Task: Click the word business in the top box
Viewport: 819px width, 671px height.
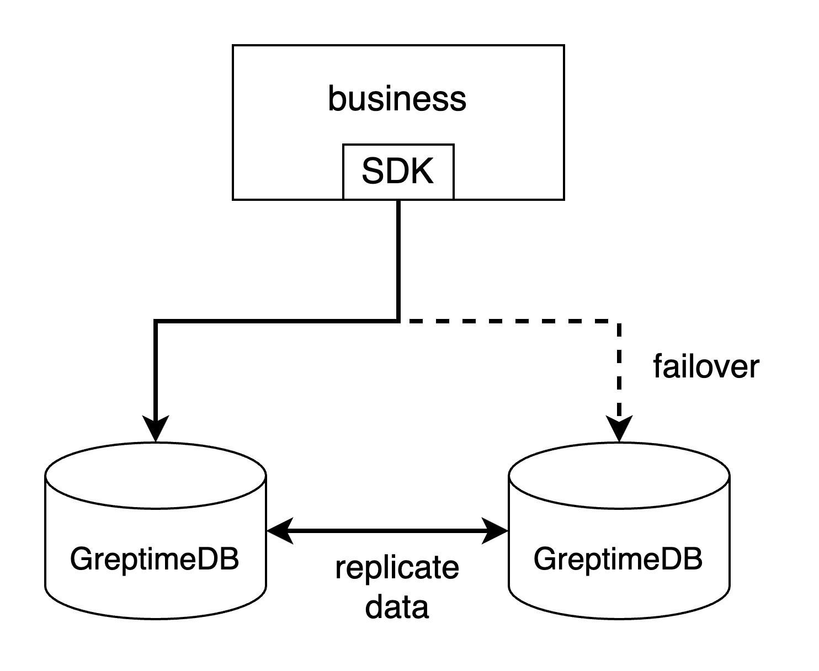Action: pyautogui.click(x=397, y=99)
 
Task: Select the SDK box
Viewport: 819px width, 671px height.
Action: pyautogui.click(x=398, y=171)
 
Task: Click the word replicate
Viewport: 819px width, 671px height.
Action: pyautogui.click(x=397, y=567)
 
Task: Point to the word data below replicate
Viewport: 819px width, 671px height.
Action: pyautogui.click(x=397, y=606)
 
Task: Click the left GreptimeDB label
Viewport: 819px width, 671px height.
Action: pyautogui.click(x=155, y=559)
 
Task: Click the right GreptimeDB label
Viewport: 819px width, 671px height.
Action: pyautogui.click(x=618, y=559)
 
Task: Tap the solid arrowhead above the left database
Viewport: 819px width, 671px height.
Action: pyautogui.click(x=156, y=429)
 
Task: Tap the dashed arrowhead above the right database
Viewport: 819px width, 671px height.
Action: pyautogui.click(x=619, y=429)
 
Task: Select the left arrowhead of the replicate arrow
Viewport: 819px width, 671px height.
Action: pyautogui.click(x=279, y=531)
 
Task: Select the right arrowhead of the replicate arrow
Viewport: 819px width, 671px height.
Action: pyautogui.click(x=495, y=531)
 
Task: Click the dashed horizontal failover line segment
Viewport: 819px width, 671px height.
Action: pyautogui.click(x=508, y=320)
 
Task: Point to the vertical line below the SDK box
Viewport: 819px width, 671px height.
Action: pyautogui.click(x=398, y=259)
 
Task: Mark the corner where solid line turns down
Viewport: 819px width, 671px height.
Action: pyautogui.click(x=156, y=321)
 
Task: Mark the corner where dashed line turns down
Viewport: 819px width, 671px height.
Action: pyautogui.click(x=619, y=321)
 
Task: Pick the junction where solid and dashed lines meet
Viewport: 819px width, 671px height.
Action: pyautogui.click(x=398, y=320)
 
